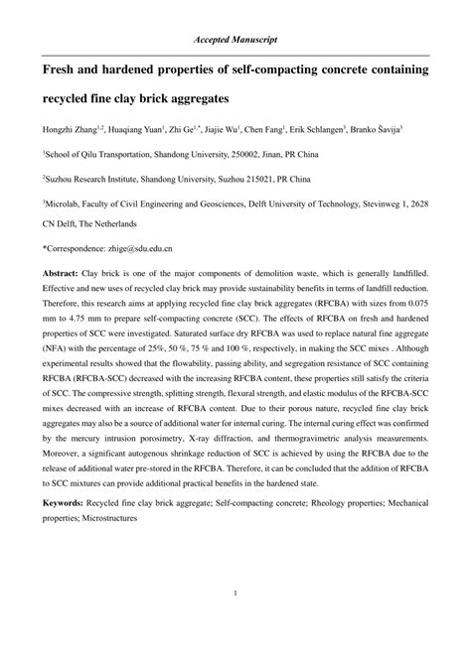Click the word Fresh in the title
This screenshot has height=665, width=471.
[63, 71]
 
